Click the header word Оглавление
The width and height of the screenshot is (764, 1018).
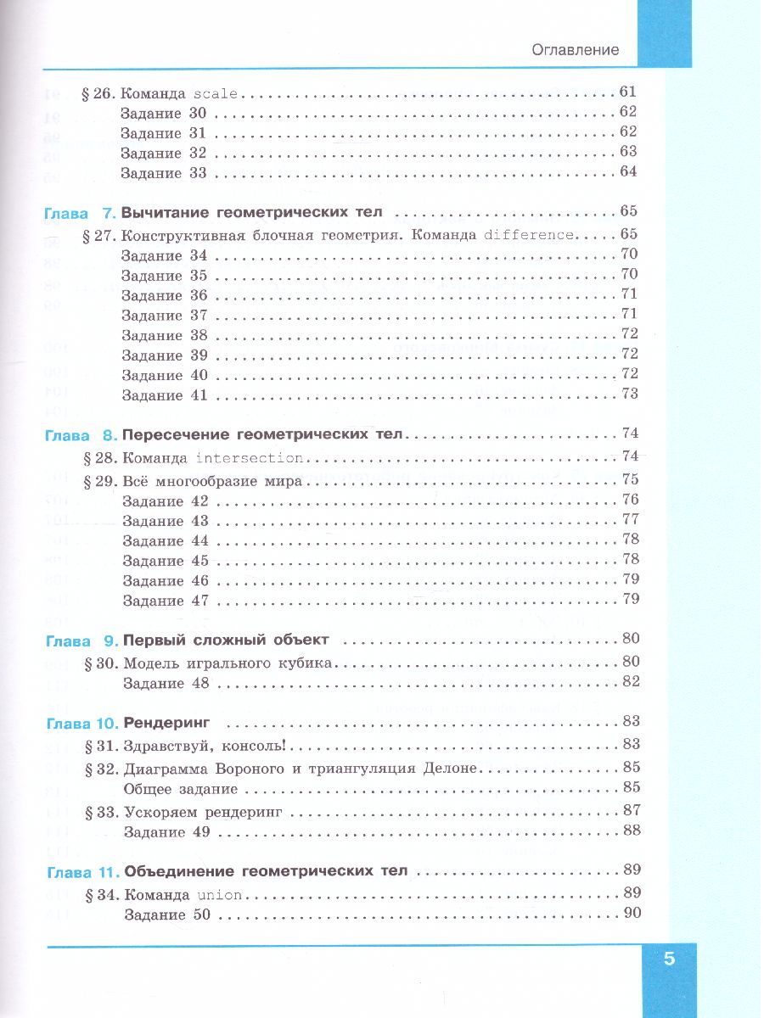[575, 49]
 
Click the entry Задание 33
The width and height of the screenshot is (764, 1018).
[164, 173]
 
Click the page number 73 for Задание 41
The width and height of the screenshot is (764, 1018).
[629, 394]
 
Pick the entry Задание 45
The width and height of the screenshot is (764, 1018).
[165, 561]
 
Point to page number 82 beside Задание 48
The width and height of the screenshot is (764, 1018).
[630, 681]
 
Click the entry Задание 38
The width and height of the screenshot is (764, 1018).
[164, 335]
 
